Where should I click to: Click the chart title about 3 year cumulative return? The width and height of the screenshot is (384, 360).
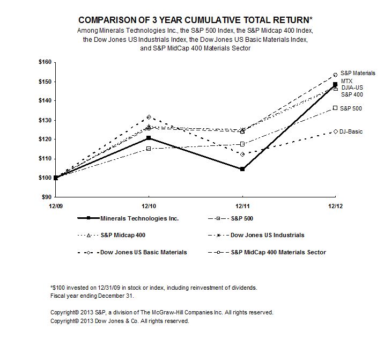pos(191,20)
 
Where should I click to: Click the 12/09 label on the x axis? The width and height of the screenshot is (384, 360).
pos(56,206)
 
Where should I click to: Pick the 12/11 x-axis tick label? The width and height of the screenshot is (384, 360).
pos(242,206)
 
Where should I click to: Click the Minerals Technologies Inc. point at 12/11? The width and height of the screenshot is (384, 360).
pos(242,169)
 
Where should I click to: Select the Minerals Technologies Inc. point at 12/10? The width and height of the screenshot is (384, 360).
pos(149,138)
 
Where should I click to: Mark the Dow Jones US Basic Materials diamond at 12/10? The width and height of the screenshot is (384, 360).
pos(149,117)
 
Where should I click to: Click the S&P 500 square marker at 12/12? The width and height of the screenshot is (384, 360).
pos(335,108)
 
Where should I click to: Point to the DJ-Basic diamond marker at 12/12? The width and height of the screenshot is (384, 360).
pos(335,131)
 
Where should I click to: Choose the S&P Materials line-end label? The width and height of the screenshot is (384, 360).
pos(358,72)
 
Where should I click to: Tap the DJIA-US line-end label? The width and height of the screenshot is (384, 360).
pos(352,87)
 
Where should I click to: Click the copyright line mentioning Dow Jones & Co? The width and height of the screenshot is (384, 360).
pos(120,321)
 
